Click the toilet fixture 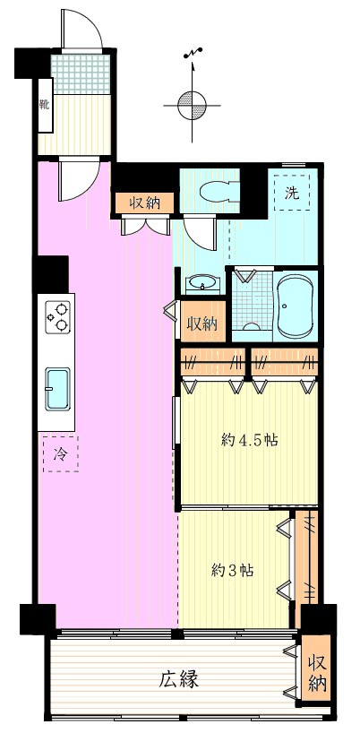click(219, 191)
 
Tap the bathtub click(295, 306)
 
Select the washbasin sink click(202, 284)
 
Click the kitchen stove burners click(58, 317)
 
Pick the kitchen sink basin click(58, 389)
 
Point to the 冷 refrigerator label click(60, 454)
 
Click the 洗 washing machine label click(292, 193)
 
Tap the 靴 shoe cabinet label click(45, 105)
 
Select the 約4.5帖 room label click(249, 440)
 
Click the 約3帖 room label click(233, 570)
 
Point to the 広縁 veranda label click(179, 679)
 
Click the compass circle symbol click(192, 105)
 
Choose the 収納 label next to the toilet click(145, 203)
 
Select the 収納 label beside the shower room click(203, 323)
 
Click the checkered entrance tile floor click(81, 74)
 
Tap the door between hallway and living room click(79, 180)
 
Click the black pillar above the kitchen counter click(52, 274)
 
